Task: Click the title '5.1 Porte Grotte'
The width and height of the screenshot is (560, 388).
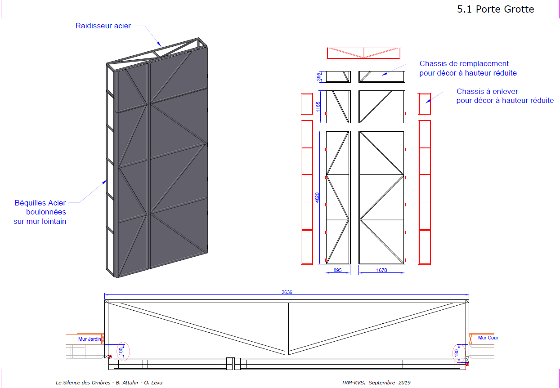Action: [496, 9]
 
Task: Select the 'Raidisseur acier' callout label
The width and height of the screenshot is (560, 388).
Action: [103, 26]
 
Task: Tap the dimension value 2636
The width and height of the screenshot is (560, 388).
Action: [287, 292]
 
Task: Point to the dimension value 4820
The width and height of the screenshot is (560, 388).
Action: [317, 197]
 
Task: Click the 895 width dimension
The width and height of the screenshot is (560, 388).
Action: [337, 270]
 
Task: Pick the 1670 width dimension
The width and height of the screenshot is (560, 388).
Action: [382, 270]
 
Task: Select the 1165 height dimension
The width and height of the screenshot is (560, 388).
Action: [318, 107]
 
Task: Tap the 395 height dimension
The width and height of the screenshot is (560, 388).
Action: [318, 77]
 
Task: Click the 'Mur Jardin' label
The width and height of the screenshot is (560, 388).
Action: [90, 339]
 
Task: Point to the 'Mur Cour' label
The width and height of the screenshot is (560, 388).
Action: [488, 338]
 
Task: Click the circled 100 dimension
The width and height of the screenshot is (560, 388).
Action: [121, 351]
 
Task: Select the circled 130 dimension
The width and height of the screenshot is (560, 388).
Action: [457, 353]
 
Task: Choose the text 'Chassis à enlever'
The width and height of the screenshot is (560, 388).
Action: [487, 91]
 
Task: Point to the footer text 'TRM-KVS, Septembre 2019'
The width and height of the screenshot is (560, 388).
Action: [376, 383]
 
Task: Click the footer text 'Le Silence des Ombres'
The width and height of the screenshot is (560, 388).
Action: [83, 383]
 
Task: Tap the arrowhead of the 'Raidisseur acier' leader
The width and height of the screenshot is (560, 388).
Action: [159, 44]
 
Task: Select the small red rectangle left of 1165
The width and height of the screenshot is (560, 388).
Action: [307, 104]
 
